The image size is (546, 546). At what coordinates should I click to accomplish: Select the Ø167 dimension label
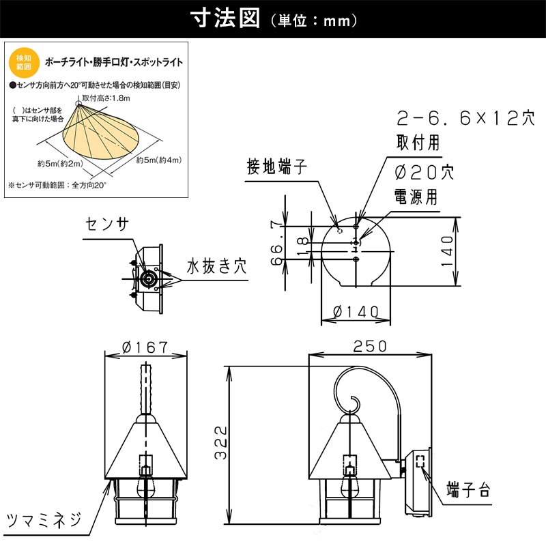pyautogui.click(x=145, y=347)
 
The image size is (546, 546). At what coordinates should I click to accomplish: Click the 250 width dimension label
pyautogui.click(x=371, y=346)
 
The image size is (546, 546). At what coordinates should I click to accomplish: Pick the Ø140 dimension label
pyautogui.click(x=355, y=312)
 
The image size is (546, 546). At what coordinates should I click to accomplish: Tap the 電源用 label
pyautogui.click(x=417, y=197)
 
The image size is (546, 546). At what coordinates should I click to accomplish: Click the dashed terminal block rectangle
pyautogui.click(x=421, y=462)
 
